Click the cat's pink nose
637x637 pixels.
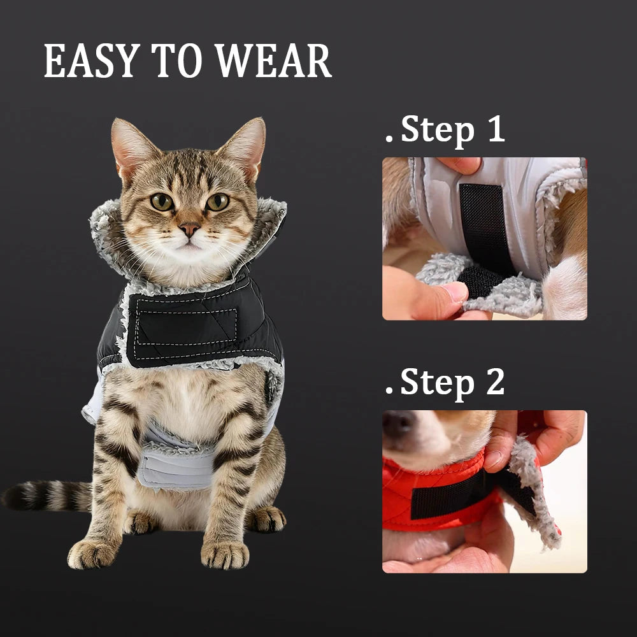189,229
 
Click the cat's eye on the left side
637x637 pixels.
162,202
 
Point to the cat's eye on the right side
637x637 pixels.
218,201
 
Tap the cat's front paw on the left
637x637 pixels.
92,554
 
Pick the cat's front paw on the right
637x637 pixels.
225,555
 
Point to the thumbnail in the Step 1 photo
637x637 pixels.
455,291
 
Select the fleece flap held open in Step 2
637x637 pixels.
531,492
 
